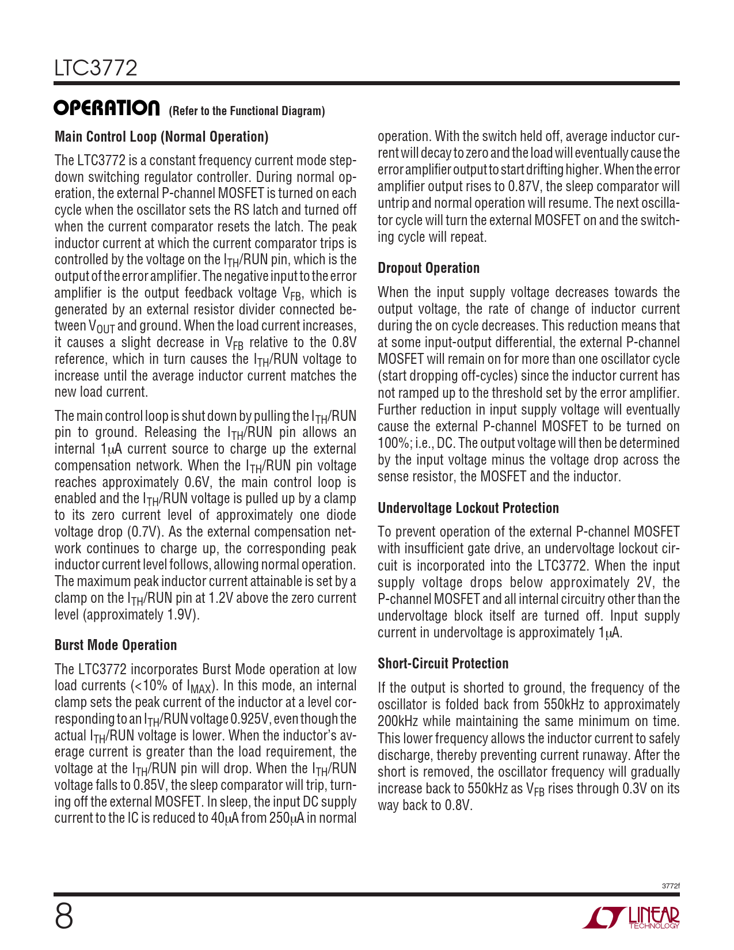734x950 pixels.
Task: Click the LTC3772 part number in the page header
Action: (96, 69)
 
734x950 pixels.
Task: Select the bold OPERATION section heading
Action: (107, 108)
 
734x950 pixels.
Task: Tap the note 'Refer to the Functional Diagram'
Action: (246, 111)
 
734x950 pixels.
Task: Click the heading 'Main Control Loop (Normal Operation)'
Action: (161, 137)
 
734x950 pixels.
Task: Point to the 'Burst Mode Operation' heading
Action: (116, 645)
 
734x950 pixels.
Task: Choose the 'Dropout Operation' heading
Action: (428, 268)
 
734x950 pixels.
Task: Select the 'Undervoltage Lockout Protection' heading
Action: (468, 508)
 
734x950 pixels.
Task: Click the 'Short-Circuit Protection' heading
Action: (443, 664)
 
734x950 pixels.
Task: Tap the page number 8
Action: (64, 917)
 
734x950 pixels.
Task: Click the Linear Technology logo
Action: (631, 918)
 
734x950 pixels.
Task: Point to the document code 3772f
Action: (671, 886)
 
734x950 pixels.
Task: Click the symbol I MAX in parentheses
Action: (199, 687)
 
